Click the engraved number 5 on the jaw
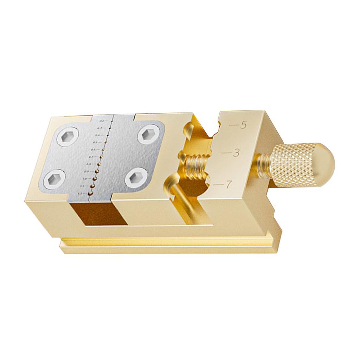243,126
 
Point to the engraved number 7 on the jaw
229,184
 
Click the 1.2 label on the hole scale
81,193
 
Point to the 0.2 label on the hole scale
102,121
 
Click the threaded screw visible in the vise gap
196,165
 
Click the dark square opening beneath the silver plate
97,213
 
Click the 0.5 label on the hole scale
95,142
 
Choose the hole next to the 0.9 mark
96,171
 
